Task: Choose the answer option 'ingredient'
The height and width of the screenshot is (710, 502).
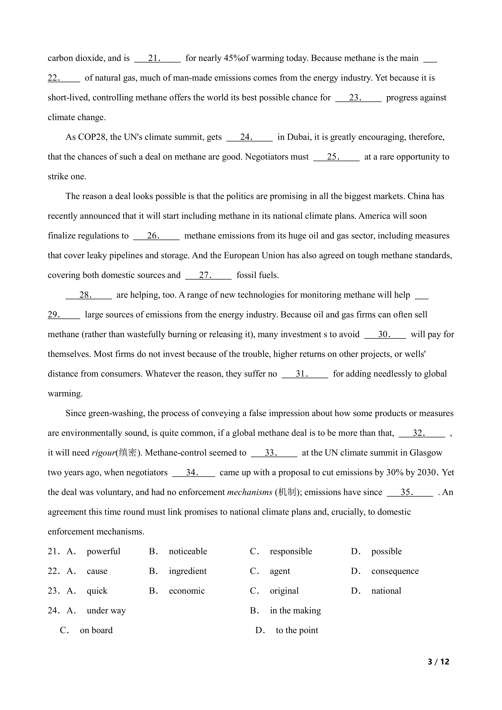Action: click(x=188, y=571)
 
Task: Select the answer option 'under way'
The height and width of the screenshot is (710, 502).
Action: click(x=106, y=611)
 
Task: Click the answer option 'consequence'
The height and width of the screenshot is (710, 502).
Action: click(x=395, y=571)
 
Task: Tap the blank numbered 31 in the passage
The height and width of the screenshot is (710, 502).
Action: click(x=305, y=374)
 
